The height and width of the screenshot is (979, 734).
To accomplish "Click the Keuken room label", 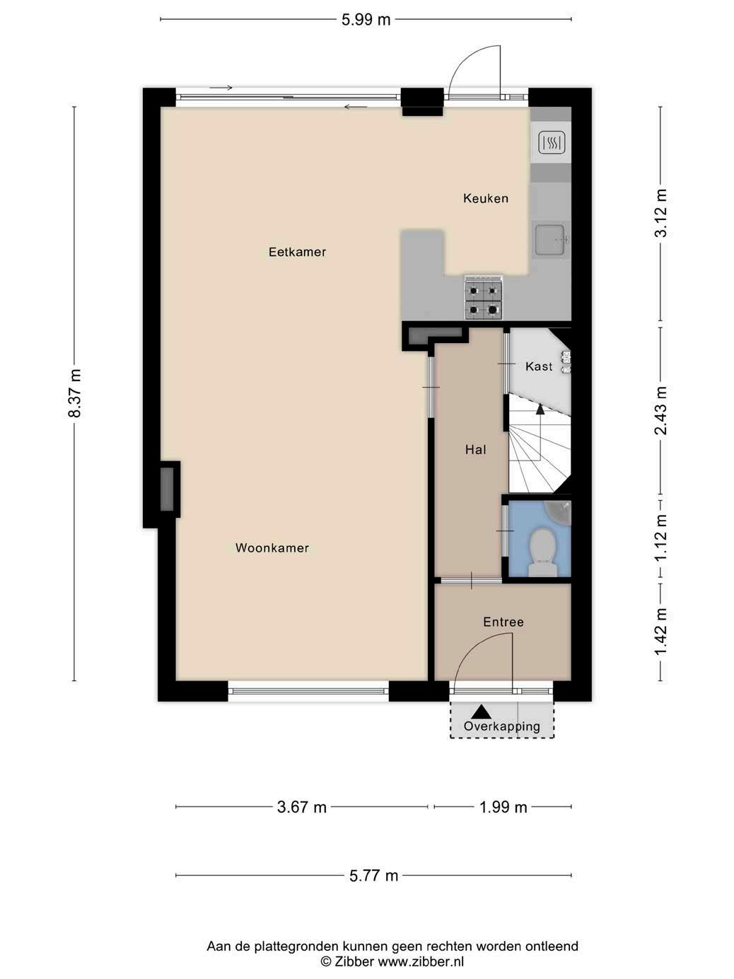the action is [x=486, y=198].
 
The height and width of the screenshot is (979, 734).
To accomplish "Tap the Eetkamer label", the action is [x=297, y=252].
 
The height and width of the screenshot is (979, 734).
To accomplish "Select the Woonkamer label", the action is [x=272, y=548].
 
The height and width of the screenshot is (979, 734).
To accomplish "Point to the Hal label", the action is [x=475, y=450].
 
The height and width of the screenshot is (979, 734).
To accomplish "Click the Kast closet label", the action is [x=539, y=366].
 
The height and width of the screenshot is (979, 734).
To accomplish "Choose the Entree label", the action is [x=503, y=622].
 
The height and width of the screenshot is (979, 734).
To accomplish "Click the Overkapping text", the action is [x=502, y=726].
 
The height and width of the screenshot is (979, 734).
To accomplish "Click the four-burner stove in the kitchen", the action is [x=484, y=298].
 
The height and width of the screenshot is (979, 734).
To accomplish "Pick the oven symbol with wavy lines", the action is [x=552, y=143].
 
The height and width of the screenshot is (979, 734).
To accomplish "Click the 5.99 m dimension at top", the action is [x=366, y=20].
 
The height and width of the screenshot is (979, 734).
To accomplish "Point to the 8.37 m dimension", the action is [x=74, y=393].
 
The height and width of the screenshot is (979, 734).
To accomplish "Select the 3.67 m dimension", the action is [x=302, y=807].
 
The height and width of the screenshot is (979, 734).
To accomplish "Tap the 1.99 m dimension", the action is [x=503, y=807].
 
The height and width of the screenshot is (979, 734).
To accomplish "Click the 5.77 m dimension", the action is [x=373, y=876].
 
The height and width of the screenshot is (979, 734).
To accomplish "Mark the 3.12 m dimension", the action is [x=660, y=213].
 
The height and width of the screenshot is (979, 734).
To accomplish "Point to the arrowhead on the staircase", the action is [x=540, y=409].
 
